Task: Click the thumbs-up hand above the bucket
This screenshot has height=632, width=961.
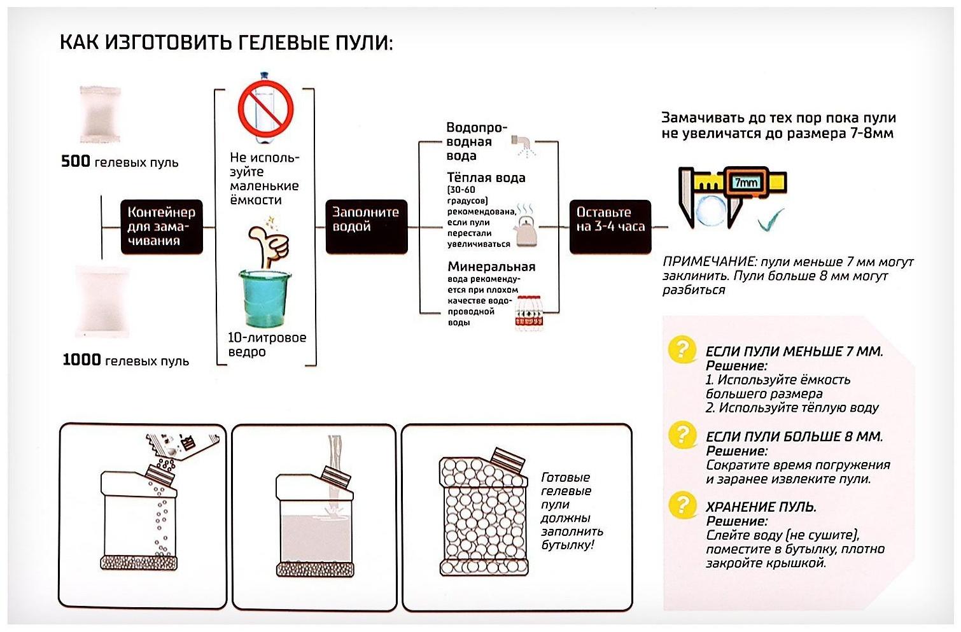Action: (x=269, y=244)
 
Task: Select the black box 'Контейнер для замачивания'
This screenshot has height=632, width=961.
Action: (x=162, y=227)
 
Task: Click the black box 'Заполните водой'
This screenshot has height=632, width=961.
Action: (x=366, y=227)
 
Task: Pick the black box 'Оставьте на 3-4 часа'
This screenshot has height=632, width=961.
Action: (x=610, y=227)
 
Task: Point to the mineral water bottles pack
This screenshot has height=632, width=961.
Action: (x=529, y=312)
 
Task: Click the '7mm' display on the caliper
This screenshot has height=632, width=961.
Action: (x=745, y=183)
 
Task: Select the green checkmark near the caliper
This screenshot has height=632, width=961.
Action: (x=771, y=220)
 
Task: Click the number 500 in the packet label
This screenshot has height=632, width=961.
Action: (x=76, y=162)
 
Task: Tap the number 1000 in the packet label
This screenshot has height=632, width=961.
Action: (x=82, y=360)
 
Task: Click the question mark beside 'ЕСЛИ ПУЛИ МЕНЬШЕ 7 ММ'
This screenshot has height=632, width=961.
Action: (x=682, y=349)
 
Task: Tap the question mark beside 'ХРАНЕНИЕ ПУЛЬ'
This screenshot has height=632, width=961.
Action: (x=682, y=505)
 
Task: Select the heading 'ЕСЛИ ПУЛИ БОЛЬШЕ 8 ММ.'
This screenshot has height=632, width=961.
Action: (x=794, y=437)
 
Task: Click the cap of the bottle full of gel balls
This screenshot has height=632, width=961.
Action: (x=509, y=460)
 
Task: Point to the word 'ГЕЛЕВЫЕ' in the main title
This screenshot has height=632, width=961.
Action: (x=285, y=43)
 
